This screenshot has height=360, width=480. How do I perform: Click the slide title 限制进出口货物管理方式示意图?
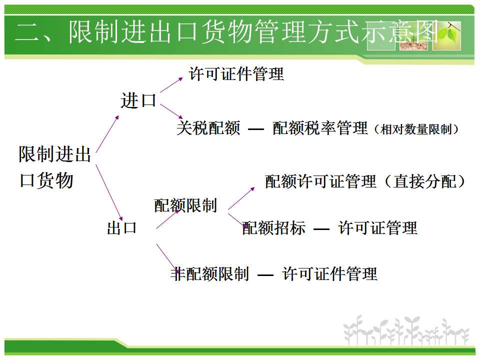253,32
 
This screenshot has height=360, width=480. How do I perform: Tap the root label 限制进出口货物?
55,167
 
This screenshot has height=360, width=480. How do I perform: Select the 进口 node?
138,100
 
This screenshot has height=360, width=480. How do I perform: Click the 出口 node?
122,228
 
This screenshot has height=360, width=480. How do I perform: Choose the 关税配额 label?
208,128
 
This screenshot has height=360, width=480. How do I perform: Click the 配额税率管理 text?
320,128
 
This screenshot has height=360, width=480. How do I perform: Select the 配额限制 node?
185,205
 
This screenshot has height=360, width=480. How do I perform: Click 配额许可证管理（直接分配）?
365,181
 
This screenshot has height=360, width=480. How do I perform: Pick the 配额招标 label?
273,228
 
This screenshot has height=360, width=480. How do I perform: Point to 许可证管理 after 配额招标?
378,228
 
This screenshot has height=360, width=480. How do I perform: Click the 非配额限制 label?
209,273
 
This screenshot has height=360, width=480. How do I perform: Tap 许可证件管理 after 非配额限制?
329,273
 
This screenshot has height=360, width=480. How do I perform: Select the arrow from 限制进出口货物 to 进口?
107,134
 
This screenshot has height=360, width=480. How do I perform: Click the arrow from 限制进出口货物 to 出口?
109,192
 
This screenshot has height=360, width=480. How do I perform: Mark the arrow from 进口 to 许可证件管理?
171,85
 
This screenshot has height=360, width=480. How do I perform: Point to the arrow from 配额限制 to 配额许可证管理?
241,198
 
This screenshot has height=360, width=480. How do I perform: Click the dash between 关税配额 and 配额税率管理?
256,129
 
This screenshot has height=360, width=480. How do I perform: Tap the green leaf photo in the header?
447,35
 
